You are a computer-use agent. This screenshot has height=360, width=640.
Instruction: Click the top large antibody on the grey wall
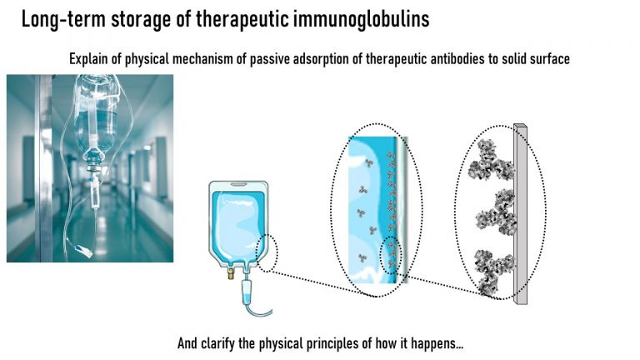point(491,160)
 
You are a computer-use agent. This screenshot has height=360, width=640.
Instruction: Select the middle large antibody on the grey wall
point(497,212)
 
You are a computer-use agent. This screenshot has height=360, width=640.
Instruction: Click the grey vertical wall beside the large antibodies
point(521,214)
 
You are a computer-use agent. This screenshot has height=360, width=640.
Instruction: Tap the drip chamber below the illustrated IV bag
point(247,291)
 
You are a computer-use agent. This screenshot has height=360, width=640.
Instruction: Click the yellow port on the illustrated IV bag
point(232,273)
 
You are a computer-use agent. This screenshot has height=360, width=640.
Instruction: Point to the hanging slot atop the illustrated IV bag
point(238,184)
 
